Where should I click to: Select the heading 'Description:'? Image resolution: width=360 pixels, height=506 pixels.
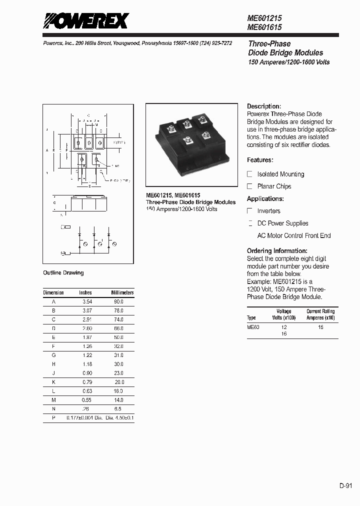pos(264,106)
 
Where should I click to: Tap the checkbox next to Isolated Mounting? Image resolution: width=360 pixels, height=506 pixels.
pos(250,174)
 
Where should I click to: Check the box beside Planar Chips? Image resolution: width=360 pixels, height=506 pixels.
pos(250,186)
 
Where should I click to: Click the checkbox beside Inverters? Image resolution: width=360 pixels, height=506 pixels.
pos(250,211)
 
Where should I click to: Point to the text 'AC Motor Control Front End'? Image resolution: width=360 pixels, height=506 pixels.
pos(294,235)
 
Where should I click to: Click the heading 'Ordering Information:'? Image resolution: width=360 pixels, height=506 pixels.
pos(277,250)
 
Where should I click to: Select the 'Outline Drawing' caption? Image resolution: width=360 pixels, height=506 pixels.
pos(63,273)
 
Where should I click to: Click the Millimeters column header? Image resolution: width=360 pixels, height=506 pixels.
pos(122,292)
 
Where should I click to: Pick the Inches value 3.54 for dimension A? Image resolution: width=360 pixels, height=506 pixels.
pos(87,302)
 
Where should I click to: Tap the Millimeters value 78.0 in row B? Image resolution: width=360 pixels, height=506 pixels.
pos(117,310)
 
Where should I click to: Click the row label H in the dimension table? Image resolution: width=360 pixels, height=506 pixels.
pos(53,364)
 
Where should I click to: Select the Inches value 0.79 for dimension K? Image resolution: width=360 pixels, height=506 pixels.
pos(87,382)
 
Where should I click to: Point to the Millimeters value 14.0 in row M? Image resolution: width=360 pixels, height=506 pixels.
pos(117,400)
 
